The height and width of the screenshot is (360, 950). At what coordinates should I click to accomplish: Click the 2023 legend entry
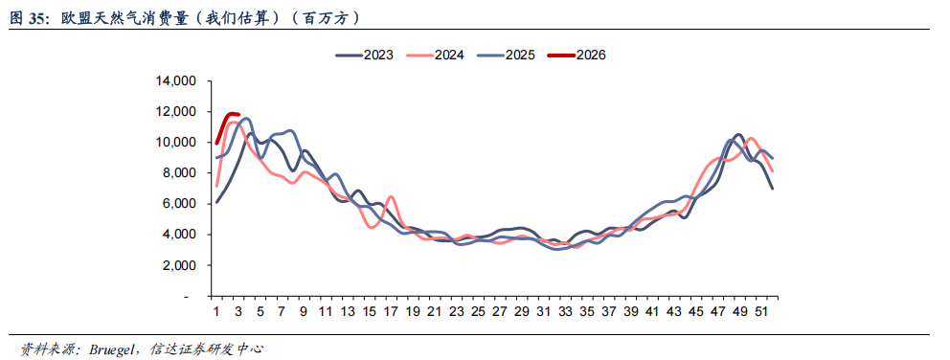pos(364,56)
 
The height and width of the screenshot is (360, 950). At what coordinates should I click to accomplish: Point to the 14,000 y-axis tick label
pos(175,81)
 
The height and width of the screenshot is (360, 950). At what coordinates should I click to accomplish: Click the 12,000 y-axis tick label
pos(175,112)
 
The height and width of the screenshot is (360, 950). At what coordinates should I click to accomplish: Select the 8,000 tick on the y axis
pos(179,173)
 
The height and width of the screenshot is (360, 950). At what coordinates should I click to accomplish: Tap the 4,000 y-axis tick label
pos(179,235)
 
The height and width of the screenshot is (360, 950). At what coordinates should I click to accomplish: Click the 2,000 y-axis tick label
pos(179,265)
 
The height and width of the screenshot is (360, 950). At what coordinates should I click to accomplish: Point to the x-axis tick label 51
pos(761,312)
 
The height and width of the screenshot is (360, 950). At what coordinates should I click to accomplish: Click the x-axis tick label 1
pos(216,312)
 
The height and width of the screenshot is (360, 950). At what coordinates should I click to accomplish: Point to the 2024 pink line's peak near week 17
pos(391,196)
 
